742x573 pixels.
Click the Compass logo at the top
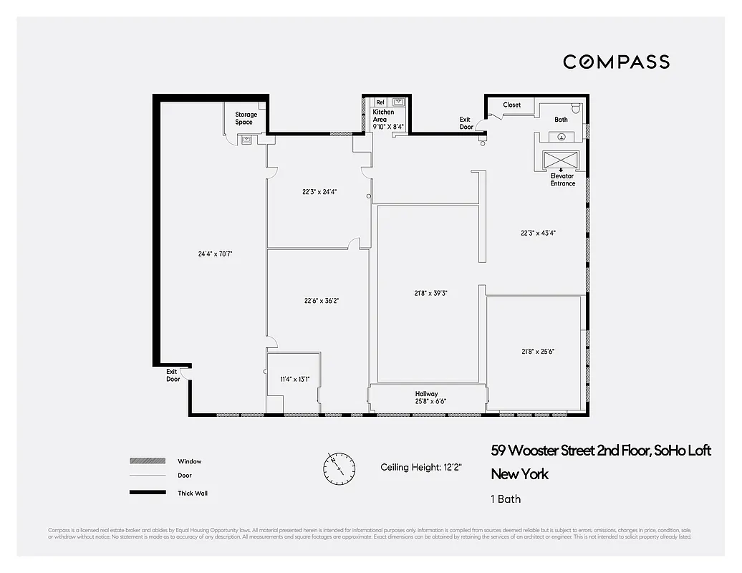(616, 62)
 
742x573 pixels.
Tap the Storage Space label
(246, 118)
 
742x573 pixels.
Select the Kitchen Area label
(383, 115)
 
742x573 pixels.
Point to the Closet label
(511, 105)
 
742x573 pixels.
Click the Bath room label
(561, 120)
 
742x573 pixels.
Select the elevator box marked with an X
(562, 160)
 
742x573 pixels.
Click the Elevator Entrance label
(562, 179)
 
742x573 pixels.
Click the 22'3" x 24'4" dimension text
(319, 192)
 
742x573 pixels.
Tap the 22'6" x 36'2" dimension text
(321, 301)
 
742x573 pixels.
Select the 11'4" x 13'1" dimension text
(294, 379)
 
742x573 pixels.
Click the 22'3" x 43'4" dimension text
(538, 232)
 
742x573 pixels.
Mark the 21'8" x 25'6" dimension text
(538, 351)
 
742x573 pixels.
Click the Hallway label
(426, 393)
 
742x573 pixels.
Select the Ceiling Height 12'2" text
(421, 468)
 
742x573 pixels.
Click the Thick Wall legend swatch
(147, 493)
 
